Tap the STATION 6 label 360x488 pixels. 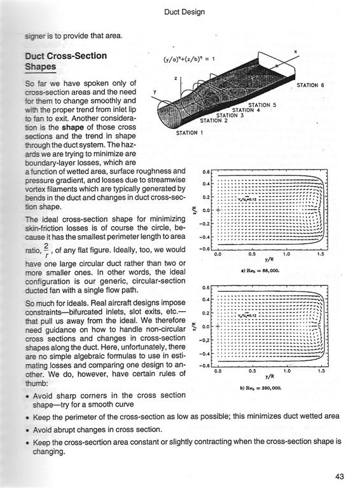[x=311, y=85]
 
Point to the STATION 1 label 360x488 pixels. [x=189, y=133]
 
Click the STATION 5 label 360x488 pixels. [x=262, y=105]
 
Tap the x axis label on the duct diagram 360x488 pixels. [x=295, y=51]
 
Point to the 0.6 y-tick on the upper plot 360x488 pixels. [x=206, y=172]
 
